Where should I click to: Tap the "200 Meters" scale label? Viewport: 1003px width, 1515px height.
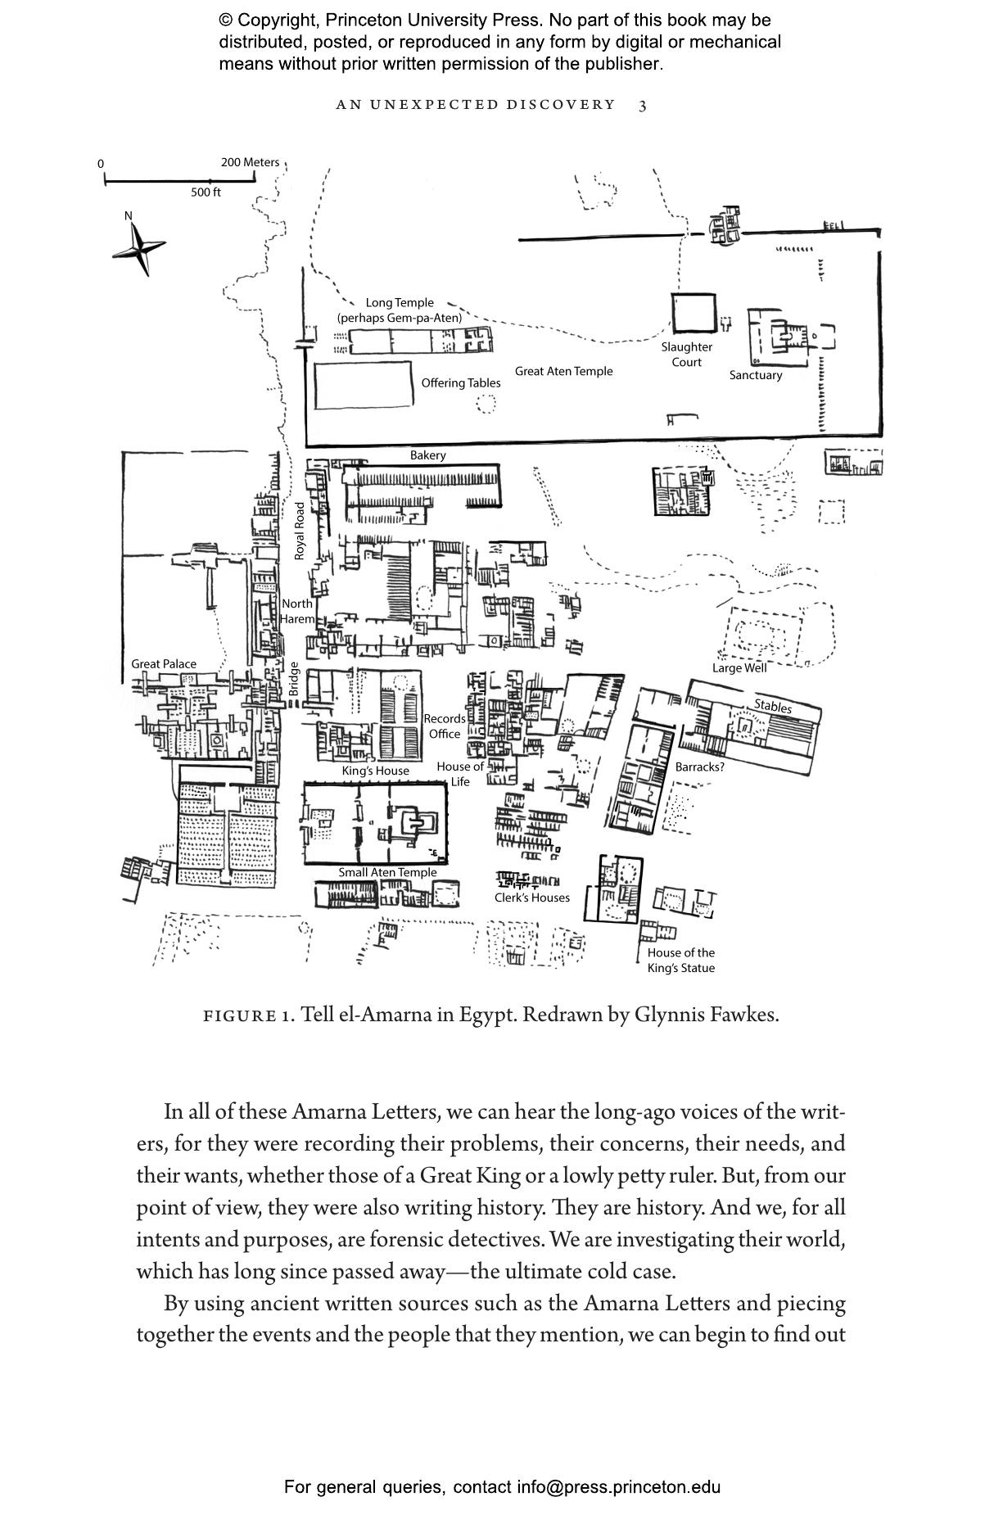pyautogui.click(x=250, y=162)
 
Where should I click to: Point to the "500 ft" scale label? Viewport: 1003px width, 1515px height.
pyautogui.click(x=206, y=192)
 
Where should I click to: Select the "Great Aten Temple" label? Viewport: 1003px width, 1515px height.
pyautogui.click(x=563, y=371)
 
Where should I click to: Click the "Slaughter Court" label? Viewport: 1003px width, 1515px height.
pyautogui.click(x=686, y=355)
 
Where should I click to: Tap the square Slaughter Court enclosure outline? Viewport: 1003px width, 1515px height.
pyautogui.click(x=694, y=314)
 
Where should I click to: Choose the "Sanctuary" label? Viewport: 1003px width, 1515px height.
pyautogui.click(x=755, y=375)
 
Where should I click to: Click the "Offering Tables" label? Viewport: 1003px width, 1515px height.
pyautogui.click(x=460, y=382)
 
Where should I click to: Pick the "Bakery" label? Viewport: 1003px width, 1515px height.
pyautogui.click(x=427, y=455)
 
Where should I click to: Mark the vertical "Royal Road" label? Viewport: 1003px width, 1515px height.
pyautogui.click(x=300, y=531)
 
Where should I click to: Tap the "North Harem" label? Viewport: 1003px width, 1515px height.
pyautogui.click(x=296, y=611)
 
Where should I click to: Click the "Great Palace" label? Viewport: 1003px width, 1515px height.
pyautogui.click(x=164, y=663)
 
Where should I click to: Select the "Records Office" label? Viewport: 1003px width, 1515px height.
pyautogui.click(x=445, y=726)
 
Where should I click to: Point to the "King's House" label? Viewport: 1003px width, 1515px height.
pyautogui.click(x=375, y=771)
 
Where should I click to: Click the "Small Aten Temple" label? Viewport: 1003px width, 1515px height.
pyautogui.click(x=387, y=872)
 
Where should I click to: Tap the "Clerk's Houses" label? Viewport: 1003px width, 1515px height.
pyautogui.click(x=531, y=898)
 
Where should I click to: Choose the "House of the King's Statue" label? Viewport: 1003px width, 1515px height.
pyautogui.click(x=680, y=960)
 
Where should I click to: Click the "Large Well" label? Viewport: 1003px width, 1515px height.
pyautogui.click(x=739, y=667)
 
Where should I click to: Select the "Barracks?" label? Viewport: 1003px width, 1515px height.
pyautogui.click(x=699, y=767)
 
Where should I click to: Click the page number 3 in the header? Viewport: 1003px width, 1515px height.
pyautogui.click(x=643, y=105)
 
